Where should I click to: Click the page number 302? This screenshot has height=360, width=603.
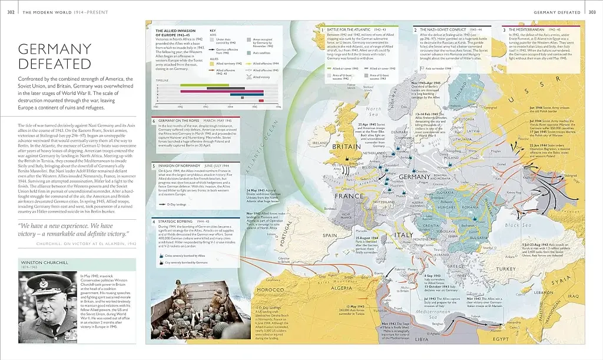click(11, 11)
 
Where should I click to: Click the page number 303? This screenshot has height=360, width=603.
click(592, 11)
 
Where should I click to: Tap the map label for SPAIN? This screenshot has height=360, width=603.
click(330, 235)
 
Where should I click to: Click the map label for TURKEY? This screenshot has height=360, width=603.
click(505, 269)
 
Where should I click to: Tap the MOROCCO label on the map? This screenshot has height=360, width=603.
click(270, 290)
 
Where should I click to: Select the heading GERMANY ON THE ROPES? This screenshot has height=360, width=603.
click(183, 120)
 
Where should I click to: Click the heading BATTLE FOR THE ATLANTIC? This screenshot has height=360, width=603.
click(347, 29)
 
